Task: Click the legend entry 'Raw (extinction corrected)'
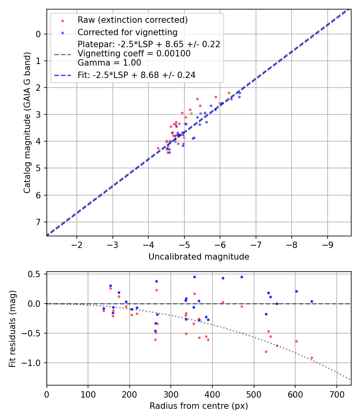(x=132, y=20)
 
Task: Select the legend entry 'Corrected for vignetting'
(x=127, y=32)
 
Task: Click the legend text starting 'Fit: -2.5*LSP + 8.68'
(x=136, y=75)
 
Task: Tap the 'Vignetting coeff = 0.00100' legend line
(x=134, y=53)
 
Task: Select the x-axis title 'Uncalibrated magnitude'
(x=199, y=257)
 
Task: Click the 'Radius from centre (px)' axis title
(x=199, y=406)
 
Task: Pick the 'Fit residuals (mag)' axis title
(x=12, y=328)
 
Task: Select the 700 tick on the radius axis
(x=336, y=394)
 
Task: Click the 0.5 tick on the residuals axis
(x=36, y=274)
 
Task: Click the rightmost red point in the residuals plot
(x=312, y=358)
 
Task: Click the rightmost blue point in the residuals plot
(x=312, y=301)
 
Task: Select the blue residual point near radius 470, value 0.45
(x=242, y=277)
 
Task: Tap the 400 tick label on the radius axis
(x=212, y=394)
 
